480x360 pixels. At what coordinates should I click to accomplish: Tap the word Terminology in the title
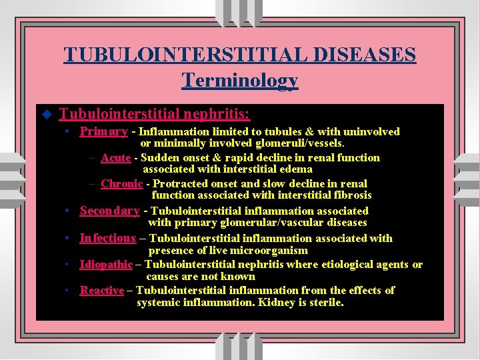click(240, 81)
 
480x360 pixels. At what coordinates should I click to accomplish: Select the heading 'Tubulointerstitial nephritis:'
click(155, 113)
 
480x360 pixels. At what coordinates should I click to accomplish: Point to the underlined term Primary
click(103, 131)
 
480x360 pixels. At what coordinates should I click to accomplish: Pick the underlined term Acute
click(115, 158)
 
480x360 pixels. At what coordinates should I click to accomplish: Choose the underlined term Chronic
click(121, 184)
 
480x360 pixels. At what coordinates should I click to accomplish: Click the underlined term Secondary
click(109, 211)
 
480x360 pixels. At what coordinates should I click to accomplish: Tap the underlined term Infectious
click(107, 238)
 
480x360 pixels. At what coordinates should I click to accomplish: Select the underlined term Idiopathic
click(106, 265)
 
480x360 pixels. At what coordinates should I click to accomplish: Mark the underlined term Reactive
click(101, 291)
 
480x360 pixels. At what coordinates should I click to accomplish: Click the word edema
click(295, 169)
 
